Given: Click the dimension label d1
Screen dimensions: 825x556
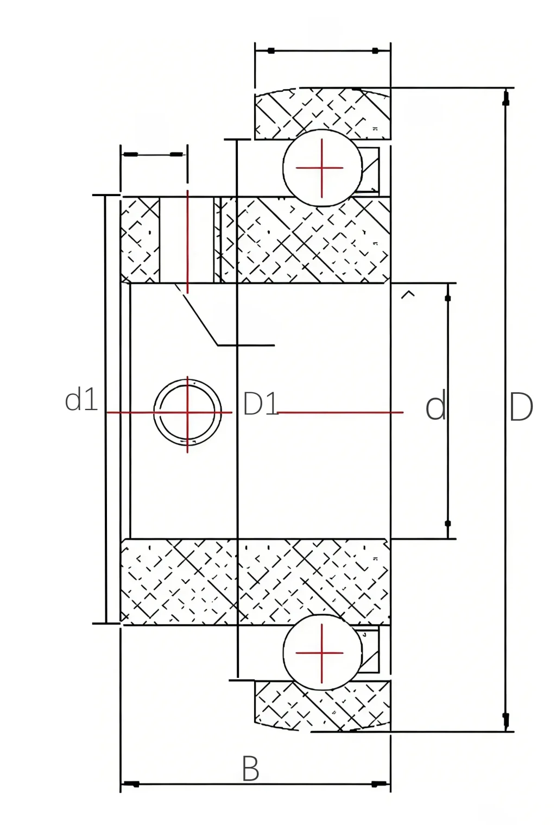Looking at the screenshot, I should click(81, 400).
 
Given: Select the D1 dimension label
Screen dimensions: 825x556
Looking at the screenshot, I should click(260, 404).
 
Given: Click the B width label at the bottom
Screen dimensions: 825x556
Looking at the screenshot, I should click(250, 769).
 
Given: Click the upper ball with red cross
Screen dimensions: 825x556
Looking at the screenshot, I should click(322, 168).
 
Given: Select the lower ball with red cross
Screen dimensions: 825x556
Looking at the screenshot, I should click(322, 653).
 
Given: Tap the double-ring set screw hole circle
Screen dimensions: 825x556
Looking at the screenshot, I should click(187, 412).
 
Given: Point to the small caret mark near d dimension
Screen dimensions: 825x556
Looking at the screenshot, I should click(407, 294).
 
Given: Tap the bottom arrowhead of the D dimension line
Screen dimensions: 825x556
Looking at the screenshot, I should click(506, 720).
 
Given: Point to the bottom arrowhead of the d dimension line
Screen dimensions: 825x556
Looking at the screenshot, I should click(448, 524).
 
